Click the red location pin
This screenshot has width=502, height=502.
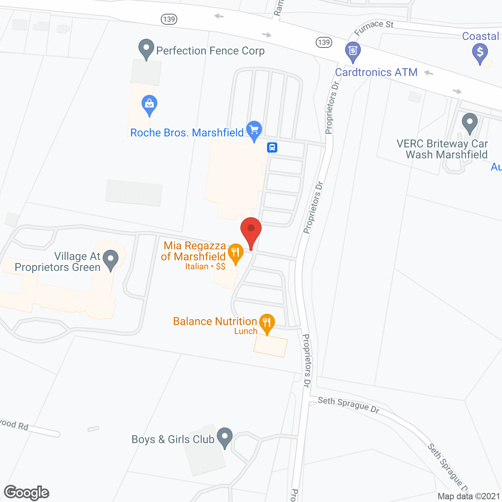(251, 231)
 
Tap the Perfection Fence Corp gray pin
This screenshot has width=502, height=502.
(146, 49)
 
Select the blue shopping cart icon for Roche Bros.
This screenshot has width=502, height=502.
(254, 130)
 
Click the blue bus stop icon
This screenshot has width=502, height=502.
(272, 147)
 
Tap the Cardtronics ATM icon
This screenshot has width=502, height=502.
(353, 51)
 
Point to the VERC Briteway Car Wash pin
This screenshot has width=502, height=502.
(469, 123)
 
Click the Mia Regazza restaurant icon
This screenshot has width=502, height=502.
(235, 253)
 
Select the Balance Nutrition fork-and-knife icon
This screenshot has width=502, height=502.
(267, 323)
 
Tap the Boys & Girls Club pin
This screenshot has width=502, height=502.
(225, 437)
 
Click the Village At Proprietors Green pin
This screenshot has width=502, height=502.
(111, 260)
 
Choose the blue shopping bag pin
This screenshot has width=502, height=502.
(149, 105)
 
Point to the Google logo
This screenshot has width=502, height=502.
(27, 493)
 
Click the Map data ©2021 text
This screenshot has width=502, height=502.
(469, 496)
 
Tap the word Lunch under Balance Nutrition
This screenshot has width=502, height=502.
(246, 331)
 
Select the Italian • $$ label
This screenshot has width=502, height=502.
(205, 267)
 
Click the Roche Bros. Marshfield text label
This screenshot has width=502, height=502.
(187, 133)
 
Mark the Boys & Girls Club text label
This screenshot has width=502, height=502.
(173, 440)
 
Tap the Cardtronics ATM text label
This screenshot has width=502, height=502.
(376, 73)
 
